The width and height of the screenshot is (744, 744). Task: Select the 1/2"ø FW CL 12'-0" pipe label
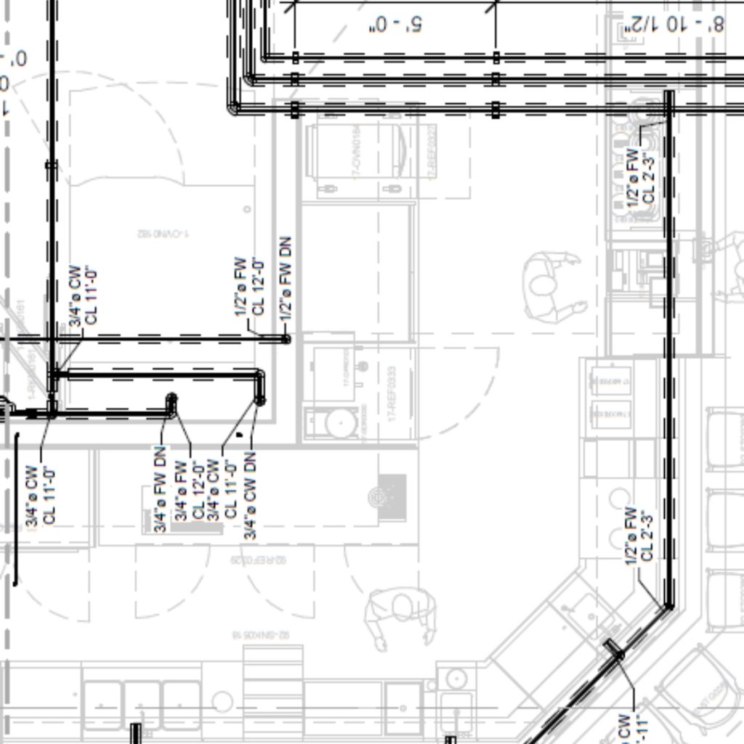pos(248,286)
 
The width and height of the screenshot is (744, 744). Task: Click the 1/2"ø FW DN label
pos(286,277)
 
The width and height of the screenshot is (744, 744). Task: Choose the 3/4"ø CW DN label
pos(250,495)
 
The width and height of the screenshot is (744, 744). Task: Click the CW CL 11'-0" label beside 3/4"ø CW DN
pos(222,489)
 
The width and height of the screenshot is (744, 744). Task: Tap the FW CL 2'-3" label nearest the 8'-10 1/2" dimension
pos(640,177)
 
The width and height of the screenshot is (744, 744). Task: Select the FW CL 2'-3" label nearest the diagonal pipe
pos(639,534)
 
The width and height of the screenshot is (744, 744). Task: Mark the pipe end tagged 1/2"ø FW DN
pos(286,339)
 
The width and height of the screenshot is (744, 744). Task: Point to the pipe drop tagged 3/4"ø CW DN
pos(259,399)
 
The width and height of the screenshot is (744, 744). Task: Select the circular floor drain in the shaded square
pos(377,497)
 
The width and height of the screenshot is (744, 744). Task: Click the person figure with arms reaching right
pos(551,285)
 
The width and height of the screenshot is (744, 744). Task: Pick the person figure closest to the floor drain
pos(400,615)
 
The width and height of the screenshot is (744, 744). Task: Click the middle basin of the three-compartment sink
pos(142,705)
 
